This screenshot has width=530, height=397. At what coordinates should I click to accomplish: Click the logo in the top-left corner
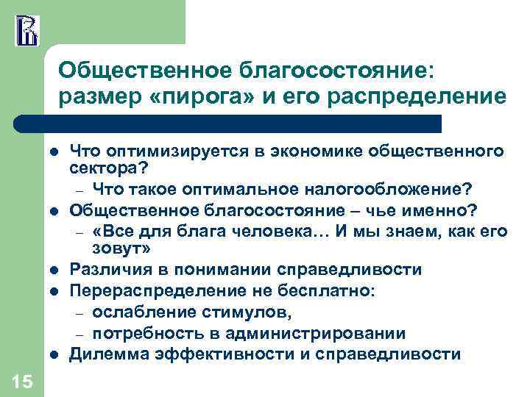pos(26,29)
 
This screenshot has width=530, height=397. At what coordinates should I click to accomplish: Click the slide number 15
pos(22,380)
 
